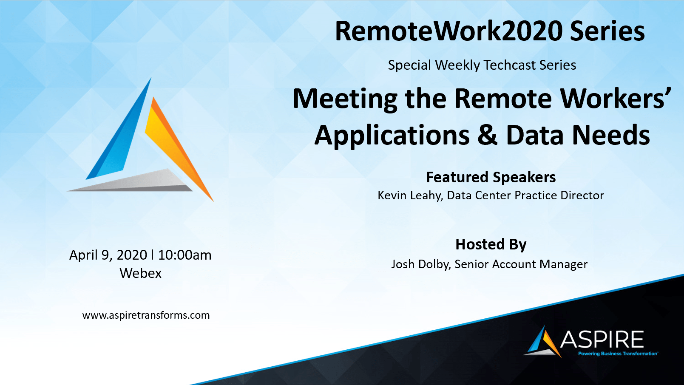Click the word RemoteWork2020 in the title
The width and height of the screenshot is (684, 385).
click(x=449, y=31)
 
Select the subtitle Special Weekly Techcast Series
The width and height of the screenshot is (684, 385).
click(x=482, y=65)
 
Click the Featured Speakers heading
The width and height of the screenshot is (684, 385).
click(x=491, y=177)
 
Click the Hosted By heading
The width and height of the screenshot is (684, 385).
click(x=491, y=245)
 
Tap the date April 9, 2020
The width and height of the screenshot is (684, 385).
click(x=108, y=255)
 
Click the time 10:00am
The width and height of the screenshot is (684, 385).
click(x=184, y=255)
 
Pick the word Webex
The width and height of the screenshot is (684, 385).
click(x=140, y=273)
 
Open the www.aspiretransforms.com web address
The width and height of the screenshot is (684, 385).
click(x=146, y=315)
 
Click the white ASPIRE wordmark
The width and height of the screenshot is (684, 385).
click(x=602, y=339)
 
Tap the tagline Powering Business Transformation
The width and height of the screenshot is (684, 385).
click(x=618, y=354)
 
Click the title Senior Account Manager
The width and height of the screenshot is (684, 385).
click(x=521, y=264)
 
